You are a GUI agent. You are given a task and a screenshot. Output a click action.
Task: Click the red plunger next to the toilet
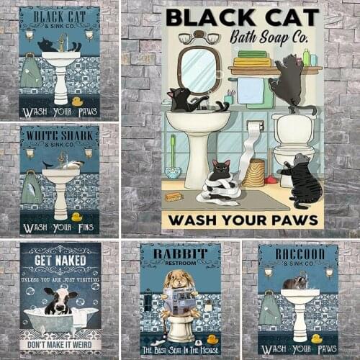266,177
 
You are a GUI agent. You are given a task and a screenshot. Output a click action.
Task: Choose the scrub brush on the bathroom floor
173,197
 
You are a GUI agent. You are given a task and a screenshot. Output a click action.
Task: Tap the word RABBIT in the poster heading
180,253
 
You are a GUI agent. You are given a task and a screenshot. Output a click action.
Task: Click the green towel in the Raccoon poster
271,310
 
